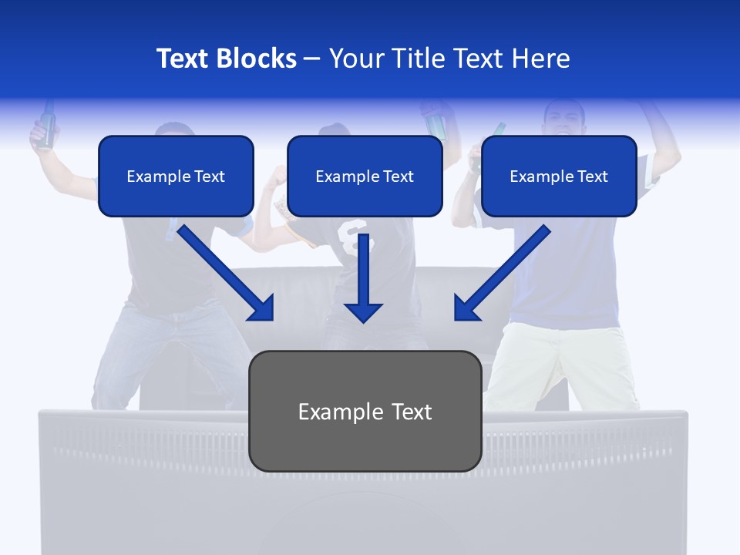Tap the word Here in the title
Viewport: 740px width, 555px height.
click(540, 59)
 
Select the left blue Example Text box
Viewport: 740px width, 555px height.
click(176, 176)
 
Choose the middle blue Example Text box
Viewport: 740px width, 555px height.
click(365, 176)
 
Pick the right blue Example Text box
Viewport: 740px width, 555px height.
click(559, 176)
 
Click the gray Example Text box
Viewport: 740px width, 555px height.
click(365, 411)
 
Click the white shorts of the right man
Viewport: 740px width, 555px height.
click(563, 362)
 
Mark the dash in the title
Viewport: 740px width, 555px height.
click(312, 59)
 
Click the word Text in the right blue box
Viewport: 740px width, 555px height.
click(591, 177)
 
